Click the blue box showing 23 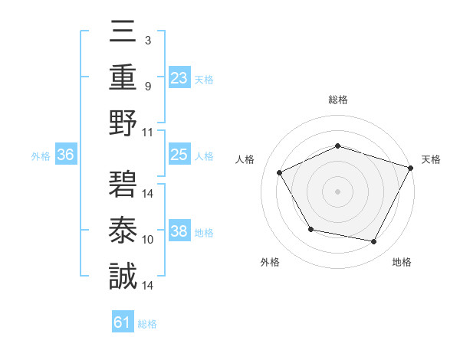(x=179, y=77)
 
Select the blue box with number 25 (x=179, y=155)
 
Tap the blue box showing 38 (x=179, y=231)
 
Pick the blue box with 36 (x=66, y=155)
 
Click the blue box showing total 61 (x=123, y=322)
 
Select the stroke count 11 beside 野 (x=149, y=131)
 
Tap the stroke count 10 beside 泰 (x=149, y=240)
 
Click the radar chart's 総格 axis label (x=338, y=100)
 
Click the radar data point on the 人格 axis (x=279, y=172)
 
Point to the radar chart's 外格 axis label (x=270, y=262)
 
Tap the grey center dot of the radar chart (x=337, y=191)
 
